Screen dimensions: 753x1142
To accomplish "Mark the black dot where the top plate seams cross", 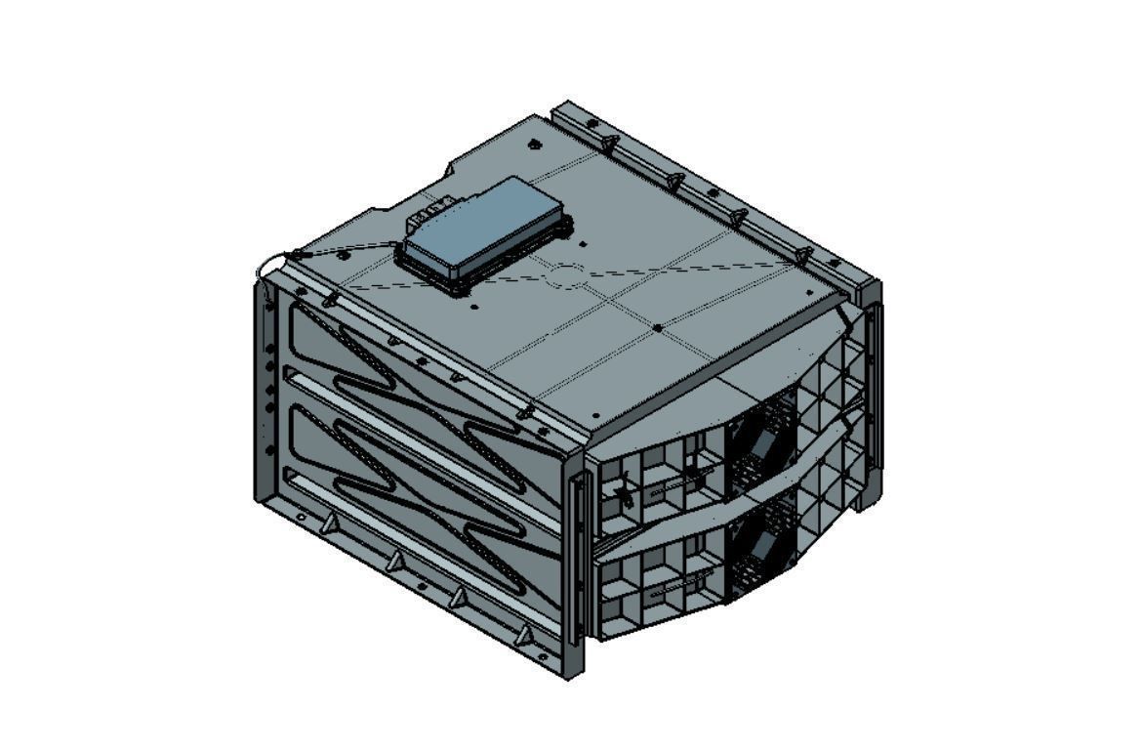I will click(658, 327).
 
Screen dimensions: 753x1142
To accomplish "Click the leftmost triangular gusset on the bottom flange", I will click(331, 524).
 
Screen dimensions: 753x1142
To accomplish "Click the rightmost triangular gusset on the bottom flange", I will click(524, 636).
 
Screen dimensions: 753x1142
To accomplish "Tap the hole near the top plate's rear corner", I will click(534, 145).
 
